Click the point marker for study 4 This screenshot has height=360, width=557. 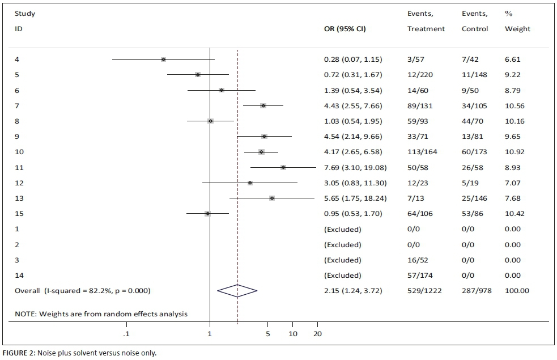click(x=163, y=59)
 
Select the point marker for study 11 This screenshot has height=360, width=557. click(x=283, y=167)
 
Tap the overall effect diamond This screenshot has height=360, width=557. click(x=237, y=291)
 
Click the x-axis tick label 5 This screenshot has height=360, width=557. click(x=268, y=334)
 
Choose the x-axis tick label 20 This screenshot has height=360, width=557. click(x=317, y=334)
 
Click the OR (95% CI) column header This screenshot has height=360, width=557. click(x=345, y=29)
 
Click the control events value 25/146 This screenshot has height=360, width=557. click(x=474, y=198)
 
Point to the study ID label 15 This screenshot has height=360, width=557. click(x=19, y=214)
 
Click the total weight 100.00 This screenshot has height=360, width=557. click(x=516, y=291)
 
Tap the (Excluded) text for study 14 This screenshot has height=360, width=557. click(x=342, y=276)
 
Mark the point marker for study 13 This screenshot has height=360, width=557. click(x=272, y=198)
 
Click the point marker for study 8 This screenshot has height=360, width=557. click(x=210, y=121)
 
